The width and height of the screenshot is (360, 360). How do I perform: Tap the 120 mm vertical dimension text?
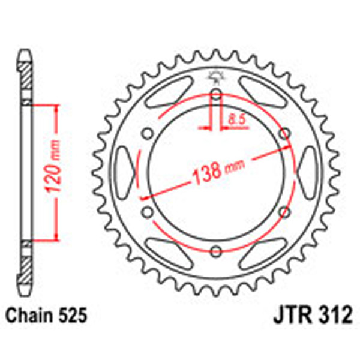coord(53,174)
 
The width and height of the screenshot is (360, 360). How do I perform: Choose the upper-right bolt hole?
coord(284,133)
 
